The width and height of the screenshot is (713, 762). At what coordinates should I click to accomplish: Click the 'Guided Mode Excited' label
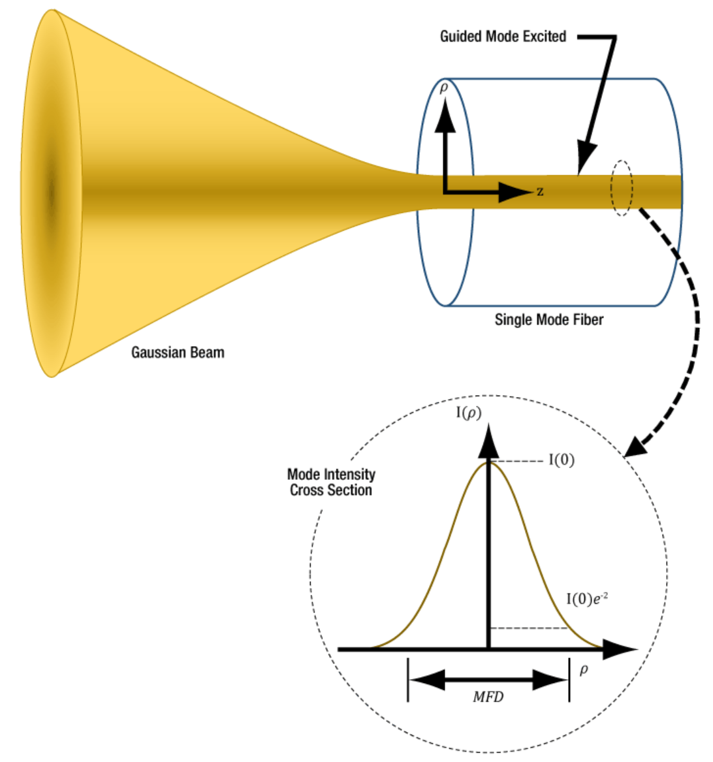point(503,37)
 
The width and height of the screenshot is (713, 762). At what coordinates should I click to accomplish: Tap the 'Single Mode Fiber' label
point(548,320)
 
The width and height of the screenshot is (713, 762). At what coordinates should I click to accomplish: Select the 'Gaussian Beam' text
point(178,353)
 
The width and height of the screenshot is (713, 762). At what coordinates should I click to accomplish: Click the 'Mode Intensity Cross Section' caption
point(331,483)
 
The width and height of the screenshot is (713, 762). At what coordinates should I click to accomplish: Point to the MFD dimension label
point(488,697)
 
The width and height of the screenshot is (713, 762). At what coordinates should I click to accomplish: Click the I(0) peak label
point(561,460)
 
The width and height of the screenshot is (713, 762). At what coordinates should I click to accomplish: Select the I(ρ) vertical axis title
point(468,413)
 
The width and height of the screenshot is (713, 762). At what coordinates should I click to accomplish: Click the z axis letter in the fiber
point(540,191)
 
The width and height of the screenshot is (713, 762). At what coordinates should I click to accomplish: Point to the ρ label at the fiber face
point(444,87)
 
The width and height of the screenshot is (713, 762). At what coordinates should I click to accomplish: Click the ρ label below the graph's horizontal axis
point(584,669)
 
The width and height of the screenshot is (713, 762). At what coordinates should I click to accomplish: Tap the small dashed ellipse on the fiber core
point(621,187)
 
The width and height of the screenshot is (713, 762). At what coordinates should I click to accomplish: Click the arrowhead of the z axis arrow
point(516,192)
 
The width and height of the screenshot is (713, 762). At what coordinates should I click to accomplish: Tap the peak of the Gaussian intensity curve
point(488,462)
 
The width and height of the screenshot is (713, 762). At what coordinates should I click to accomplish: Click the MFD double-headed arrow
point(488,680)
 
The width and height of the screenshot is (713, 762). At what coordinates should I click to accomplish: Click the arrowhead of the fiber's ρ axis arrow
point(445,115)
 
